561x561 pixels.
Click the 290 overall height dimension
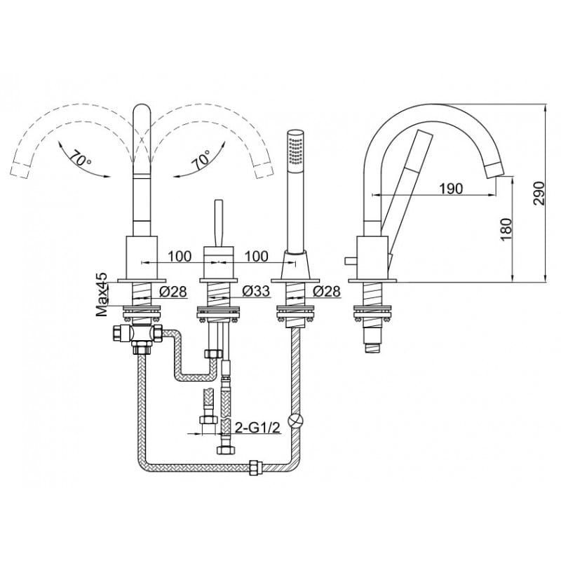pyautogui.click(x=539, y=194)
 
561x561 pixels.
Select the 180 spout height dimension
pyautogui.click(x=506, y=229)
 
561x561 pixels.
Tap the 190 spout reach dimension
pyautogui.click(x=451, y=188)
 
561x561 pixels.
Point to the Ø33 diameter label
pyautogui.click(x=256, y=291)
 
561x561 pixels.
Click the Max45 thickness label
pyautogui.click(x=102, y=295)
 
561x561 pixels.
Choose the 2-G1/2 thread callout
pyautogui.click(x=257, y=427)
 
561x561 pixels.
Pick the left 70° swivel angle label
pyautogui.click(x=80, y=158)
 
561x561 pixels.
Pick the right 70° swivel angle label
pyautogui.click(x=201, y=160)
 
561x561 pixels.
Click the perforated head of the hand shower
pyautogui.click(x=296, y=149)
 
